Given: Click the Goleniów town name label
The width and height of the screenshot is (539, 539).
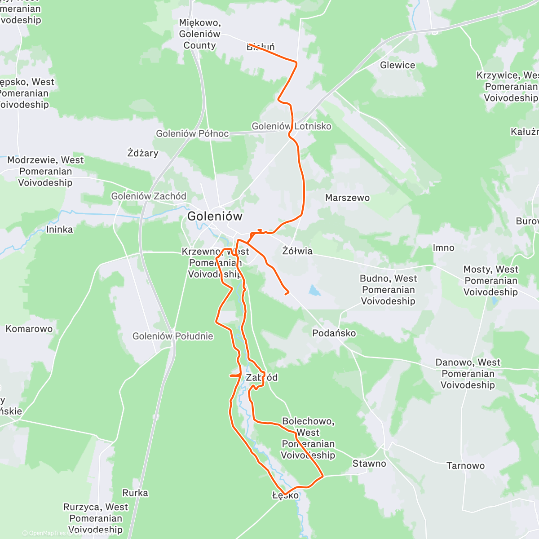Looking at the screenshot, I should click(215, 216).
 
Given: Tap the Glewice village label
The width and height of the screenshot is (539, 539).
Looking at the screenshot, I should click(398, 65).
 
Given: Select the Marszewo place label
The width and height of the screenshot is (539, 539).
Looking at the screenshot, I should click(347, 198).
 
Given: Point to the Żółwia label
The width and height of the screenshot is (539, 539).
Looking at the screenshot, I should click(297, 251).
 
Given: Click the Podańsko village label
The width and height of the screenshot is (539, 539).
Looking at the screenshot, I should click(334, 333).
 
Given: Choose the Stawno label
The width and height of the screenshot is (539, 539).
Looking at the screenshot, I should click(369, 464).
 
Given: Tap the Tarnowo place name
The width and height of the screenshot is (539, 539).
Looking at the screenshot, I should click(465, 466).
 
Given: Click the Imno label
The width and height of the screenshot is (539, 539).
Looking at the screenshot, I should click(443, 248).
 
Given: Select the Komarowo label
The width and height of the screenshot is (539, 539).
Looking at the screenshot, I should click(29, 329).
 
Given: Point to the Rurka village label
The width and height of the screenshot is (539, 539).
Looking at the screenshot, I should click(135, 493).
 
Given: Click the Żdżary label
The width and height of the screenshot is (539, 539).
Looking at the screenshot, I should click(142, 153).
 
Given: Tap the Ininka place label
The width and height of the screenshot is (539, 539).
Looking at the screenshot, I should click(59, 230).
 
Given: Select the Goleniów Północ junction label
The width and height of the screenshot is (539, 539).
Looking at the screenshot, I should click(192, 134).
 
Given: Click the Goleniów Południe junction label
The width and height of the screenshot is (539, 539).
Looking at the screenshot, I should click(172, 336).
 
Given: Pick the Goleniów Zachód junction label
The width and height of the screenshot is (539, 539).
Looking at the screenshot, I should click(149, 196).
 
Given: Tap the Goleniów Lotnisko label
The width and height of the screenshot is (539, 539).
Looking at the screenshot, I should click(291, 126).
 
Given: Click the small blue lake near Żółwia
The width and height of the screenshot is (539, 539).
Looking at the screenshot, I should click(314, 291).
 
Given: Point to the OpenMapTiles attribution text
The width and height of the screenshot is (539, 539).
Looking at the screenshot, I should click(47, 534).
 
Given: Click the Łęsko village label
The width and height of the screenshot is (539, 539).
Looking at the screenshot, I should click(285, 495).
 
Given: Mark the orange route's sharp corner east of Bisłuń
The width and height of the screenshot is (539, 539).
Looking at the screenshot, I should click(296, 62).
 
